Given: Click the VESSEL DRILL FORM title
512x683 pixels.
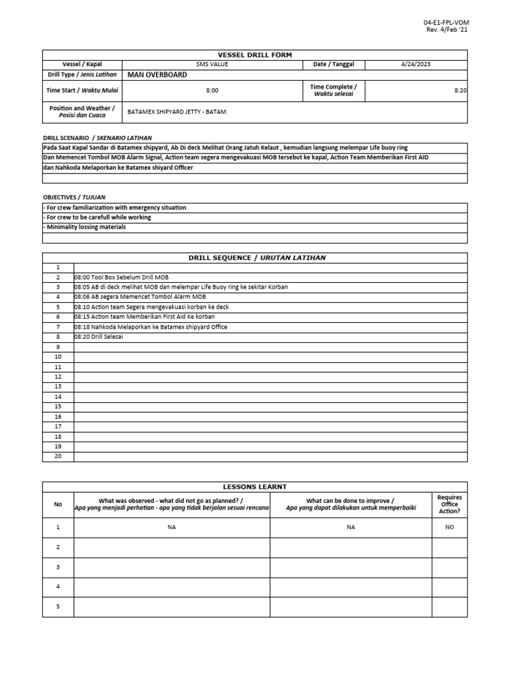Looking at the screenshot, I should click(x=255, y=55).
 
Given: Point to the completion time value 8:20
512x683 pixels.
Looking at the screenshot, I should click(x=460, y=90).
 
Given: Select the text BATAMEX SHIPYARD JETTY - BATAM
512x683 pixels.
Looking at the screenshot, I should click(x=177, y=112).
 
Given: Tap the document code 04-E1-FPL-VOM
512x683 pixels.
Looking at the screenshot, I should click(x=441, y=23).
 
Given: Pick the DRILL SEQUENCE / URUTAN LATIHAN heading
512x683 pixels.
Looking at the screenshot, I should click(x=255, y=257).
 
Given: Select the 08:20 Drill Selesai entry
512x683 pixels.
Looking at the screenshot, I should click(x=99, y=337).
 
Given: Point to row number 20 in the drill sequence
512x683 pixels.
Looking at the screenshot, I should click(x=58, y=456).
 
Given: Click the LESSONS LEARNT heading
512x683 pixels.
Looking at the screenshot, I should click(x=255, y=487).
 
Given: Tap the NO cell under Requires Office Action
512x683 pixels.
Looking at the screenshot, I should click(x=449, y=527).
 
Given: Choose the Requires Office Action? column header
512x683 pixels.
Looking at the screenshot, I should click(x=449, y=504).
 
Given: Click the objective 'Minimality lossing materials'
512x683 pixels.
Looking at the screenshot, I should click(x=84, y=227).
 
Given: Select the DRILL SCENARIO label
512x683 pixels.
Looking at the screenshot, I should click(x=65, y=138).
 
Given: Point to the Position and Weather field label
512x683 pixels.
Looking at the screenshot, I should click(x=82, y=112).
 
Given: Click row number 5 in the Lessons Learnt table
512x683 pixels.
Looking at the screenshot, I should click(x=58, y=606).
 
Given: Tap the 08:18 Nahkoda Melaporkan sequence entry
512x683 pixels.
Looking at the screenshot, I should click(x=151, y=327).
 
